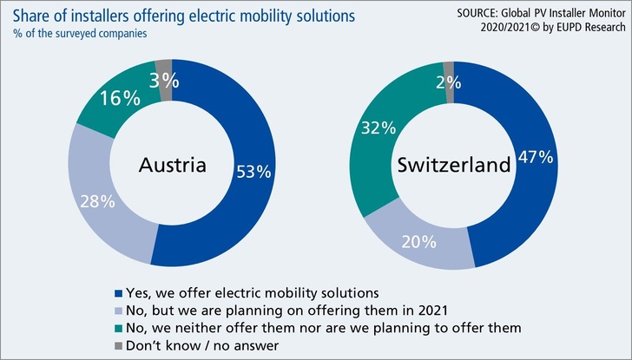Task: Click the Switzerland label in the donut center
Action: click(x=450, y=166)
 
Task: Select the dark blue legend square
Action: click(x=119, y=291)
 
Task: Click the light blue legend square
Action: click(x=119, y=309)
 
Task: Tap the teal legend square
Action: click(x=119, y=326)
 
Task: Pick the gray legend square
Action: click(x=119, y=344)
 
